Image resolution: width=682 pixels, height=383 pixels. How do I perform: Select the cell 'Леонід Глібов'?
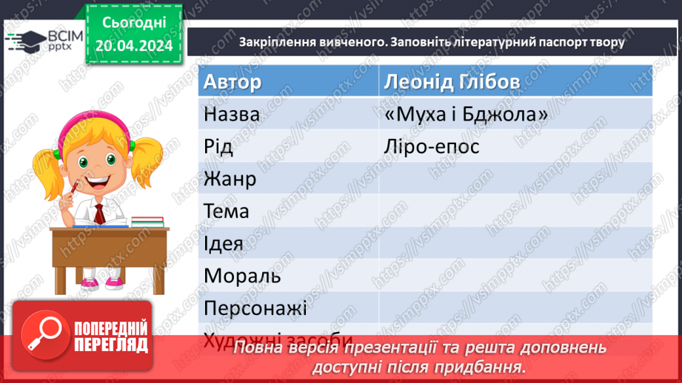pyautogui.click(x=451, y=81)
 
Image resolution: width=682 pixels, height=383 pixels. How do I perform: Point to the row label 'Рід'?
pyautogui.click(x=218, y=146)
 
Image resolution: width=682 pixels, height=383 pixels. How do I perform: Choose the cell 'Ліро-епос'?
pyautogui.click(x=432, y=146)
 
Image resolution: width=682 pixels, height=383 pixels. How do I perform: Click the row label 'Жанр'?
pyautogui.click(x=230, y=179)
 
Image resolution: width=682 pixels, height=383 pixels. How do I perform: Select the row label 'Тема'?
pyautogui.click(x=226, y=211)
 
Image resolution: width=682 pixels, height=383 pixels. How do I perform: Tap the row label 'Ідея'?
pyautogui.click(x=223, y=243)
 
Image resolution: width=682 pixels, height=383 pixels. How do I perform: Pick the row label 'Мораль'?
pyautogui.click(x=242, y=276)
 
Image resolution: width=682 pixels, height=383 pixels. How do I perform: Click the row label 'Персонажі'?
pyautogui.click(x=255, y=308)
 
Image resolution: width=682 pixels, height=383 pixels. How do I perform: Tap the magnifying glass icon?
pyautogui.click(x=42, y=333)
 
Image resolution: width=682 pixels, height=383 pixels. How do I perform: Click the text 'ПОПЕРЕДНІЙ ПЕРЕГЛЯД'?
pyautogui.click(x=111, y=336)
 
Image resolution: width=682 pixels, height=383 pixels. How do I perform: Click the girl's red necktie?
pyautogui.click(x=98, y=214)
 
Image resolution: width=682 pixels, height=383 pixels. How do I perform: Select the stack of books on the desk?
pyautogui.click(x=147, y=221)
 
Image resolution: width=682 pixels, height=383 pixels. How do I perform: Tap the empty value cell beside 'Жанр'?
pyautogui.click(x=515, y=179)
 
